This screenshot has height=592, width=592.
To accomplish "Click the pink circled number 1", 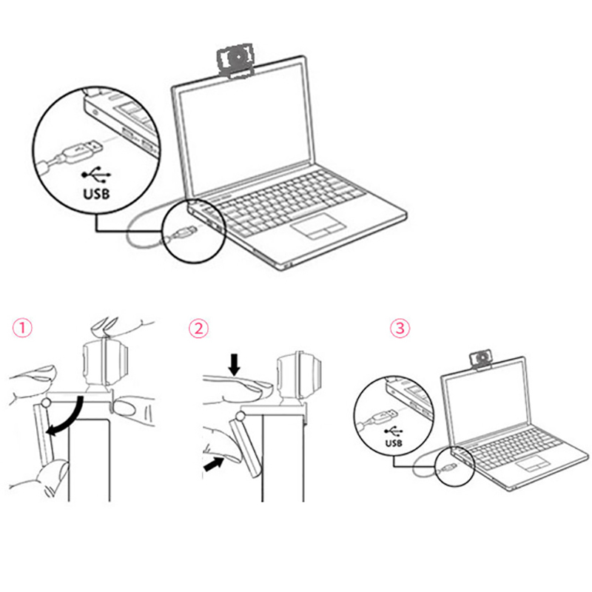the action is click(23, 328).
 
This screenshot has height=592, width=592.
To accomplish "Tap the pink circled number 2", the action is click(198, 329).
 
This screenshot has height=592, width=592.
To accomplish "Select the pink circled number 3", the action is click(400, 329).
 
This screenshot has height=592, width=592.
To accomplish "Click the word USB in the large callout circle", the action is click(96, 194).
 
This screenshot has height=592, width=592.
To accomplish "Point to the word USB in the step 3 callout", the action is click(394, 443).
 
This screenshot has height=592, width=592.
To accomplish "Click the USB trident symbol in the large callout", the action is click(96, 175).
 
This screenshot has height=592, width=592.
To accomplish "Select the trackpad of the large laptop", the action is click(318, 226).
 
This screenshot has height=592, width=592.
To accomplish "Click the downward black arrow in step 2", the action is click(235, 365).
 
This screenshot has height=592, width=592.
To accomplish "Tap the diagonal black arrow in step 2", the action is click(214, 463).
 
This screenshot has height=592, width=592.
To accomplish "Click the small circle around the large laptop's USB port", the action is click(194, 230).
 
